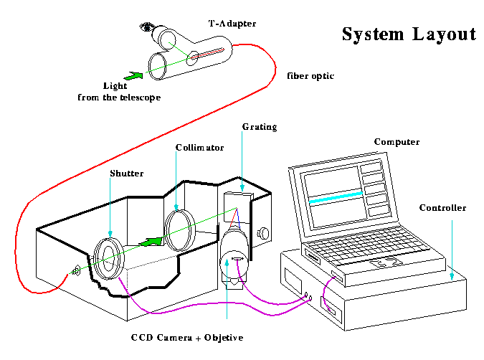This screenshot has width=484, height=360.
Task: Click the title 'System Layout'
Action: coord(408,34)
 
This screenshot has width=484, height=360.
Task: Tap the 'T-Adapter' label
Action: coord(232,24)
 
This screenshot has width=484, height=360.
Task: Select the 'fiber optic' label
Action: coord(310,75)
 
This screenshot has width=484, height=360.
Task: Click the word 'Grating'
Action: coord(259,127)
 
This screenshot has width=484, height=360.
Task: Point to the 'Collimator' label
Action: coord(200,148)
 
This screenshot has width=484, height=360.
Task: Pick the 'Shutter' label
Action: coord(127,173)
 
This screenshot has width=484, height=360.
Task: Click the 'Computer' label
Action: coord(397,142)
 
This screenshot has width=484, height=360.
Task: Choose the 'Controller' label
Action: coord(442,208)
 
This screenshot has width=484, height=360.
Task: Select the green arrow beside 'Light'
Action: coord(133,74)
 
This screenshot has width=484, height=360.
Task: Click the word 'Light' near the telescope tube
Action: coord(115,85)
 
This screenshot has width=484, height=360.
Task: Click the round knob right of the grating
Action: coord(264,232)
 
